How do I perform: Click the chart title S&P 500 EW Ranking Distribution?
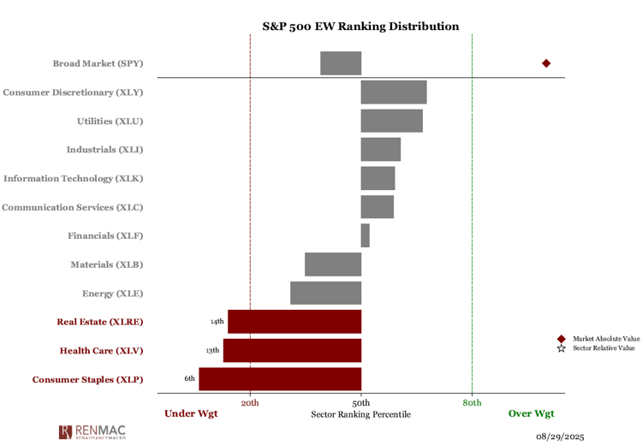pyautogui.click(x=360, y=27)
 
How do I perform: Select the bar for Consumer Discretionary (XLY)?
pyautogui.click(x=394, y=92)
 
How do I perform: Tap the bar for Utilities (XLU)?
pyautogui.click(x=391, y=121)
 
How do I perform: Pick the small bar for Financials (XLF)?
pyautogui.click(x=366, y=235)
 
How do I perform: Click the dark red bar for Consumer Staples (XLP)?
pyautogui.click(x=280, y=379)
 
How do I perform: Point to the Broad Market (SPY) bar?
pyautogui.click(x=341, y=63)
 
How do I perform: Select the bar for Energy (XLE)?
pyautogui.click(x=325, y=293)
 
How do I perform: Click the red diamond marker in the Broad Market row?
pyautogui.click(x=546, y=63)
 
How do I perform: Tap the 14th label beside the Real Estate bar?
pyautogui.click(x=217, y=322)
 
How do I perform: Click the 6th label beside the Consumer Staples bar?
pyautogui.click(x=189, y=379)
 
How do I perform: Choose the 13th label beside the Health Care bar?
pyautogui.click(x=212, y=351)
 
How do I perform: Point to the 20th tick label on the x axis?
pyautogui.click(x=250, y=402)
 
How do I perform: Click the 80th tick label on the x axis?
pyautogui.click(x=472, y=402)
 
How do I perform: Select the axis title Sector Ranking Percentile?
pyautogui.click(x=360, y=414)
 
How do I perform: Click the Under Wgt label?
pyautogui.click(x=191, y=414)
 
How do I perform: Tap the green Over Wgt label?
pyautogui.click(x=532, y=414)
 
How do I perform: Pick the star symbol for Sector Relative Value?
pyautogui.click(x=562, y=348)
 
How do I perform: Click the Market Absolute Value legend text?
pyautogui.click(x=606, y=339)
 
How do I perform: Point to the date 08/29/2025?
pyautogui.click(x=560, y=436)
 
